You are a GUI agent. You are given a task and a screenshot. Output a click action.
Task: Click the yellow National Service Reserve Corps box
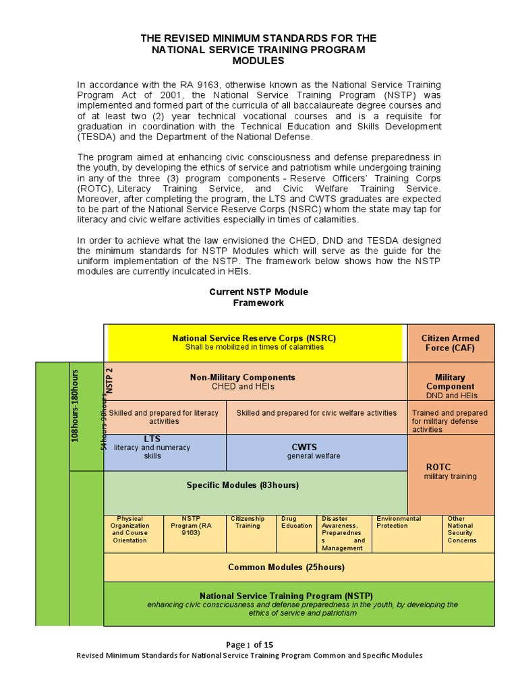[x=254, y=342]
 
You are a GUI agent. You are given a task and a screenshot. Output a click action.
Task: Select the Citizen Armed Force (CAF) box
[x=450, y=343]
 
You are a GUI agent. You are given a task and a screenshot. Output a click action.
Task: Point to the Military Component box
[x=450, y=382]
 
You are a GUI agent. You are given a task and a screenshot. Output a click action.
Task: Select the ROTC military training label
[x=450, y=472]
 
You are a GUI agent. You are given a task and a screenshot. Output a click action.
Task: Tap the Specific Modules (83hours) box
[x=243, y=485]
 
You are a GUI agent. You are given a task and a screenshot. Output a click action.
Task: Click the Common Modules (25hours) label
[x=286, y=567]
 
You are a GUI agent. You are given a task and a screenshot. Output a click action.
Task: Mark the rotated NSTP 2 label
[x=110, y=381]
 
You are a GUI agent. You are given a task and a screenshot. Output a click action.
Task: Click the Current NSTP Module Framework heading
[x=258, y=297]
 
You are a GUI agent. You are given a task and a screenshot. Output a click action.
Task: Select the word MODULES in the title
[x=258, y=61]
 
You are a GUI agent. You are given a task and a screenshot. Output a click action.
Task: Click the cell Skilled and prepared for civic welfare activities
[x=316, y=413]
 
